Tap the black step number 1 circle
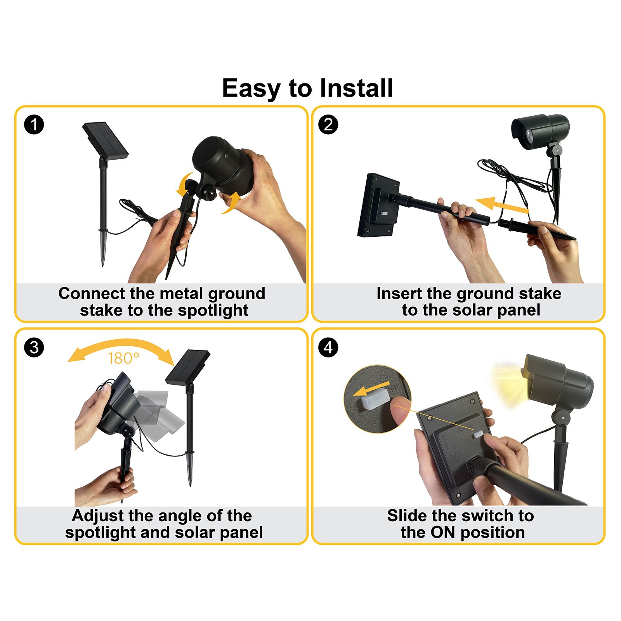(x=34, y=125)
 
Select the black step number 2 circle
(x=328, y=125)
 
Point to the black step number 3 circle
(x=34, y=347)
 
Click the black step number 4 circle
(x=328, y=347)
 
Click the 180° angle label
(x=123, y=358)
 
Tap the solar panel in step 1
(x=105, y=140)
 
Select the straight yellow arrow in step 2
(x=502, y=205)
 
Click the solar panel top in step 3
(x=187, y=367)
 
